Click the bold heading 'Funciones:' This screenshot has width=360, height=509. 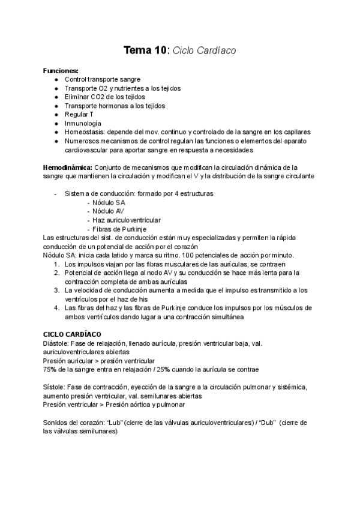click(x=61, y=71)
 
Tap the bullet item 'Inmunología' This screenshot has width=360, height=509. click(x=83, y=123)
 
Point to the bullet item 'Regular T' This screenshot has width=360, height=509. click(x=79, y=114)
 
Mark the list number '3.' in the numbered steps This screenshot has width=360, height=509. click(x=57, y=290)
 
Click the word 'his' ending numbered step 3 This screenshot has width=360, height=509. click(x=160, y=298)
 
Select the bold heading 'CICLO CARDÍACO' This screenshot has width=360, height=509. click(x=72, y=334)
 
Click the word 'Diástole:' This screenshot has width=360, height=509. click(x=57, y=343)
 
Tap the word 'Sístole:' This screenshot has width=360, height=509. click(x=55, y=387)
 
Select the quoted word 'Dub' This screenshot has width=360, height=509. click(x=268, y=423)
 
